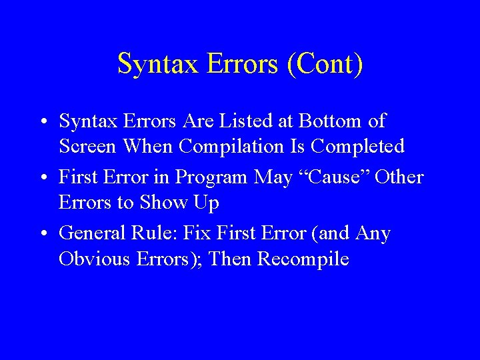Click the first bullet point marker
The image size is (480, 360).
click(42, 122)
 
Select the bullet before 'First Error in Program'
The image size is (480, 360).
click(42, 178)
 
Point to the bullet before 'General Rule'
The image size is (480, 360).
click(42, 234)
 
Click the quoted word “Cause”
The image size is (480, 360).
click(325, 177)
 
